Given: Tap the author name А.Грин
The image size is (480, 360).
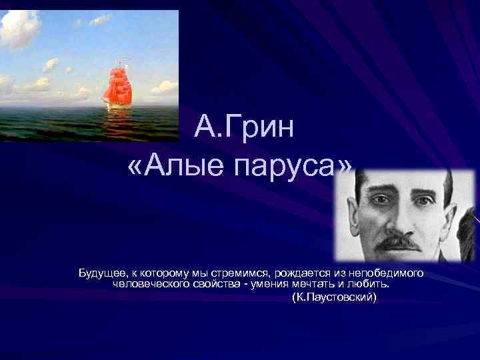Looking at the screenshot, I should [x=244, y=127].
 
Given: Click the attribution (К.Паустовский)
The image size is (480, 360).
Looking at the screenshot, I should [x=335, y=295].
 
